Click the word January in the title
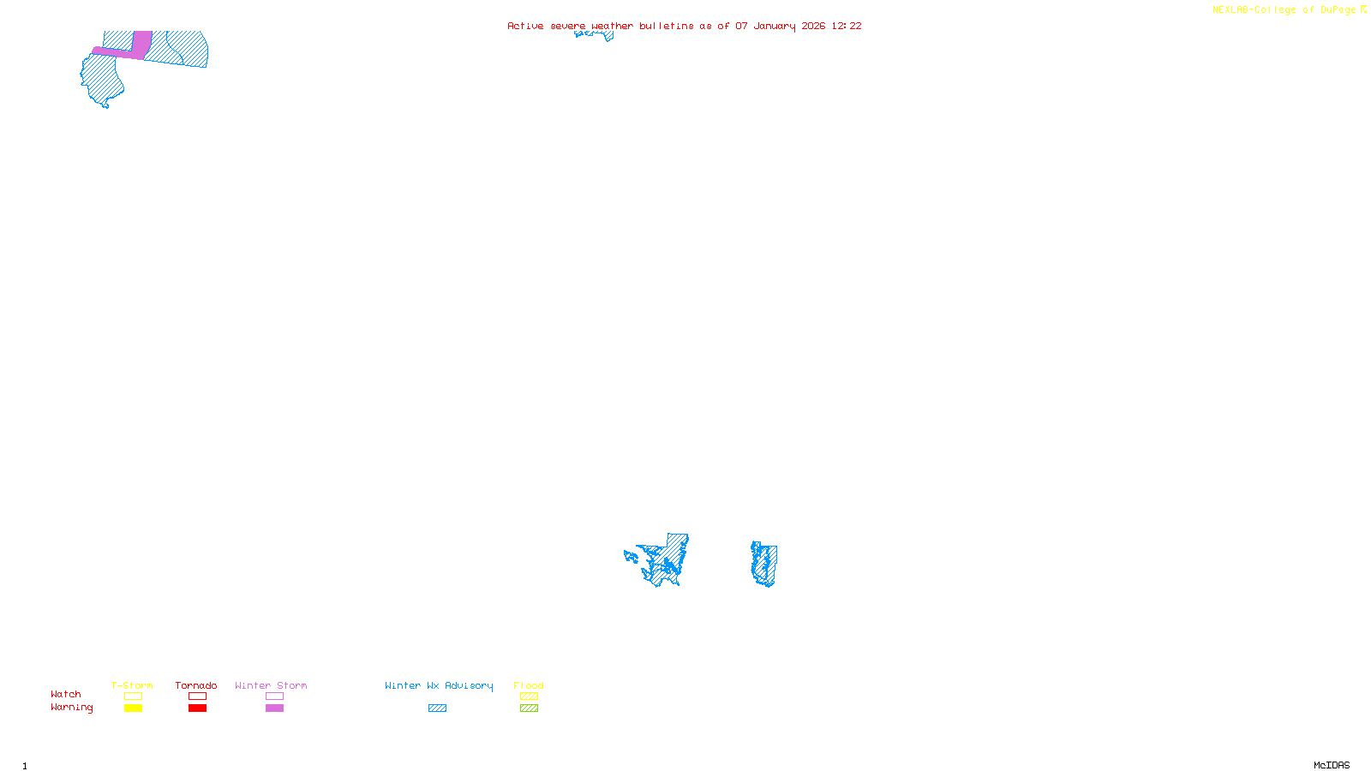774,26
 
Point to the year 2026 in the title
813,26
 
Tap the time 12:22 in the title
846,26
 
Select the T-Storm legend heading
132,685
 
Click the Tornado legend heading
196,685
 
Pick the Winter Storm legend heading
271,685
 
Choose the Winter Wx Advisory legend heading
439,685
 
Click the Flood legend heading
529,685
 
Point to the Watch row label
66,694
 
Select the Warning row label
71,708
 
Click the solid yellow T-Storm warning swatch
133,708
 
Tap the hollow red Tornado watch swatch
197,696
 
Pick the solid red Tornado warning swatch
197,708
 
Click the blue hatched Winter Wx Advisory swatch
437,708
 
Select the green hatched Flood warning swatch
529,708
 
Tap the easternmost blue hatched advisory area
764,564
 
